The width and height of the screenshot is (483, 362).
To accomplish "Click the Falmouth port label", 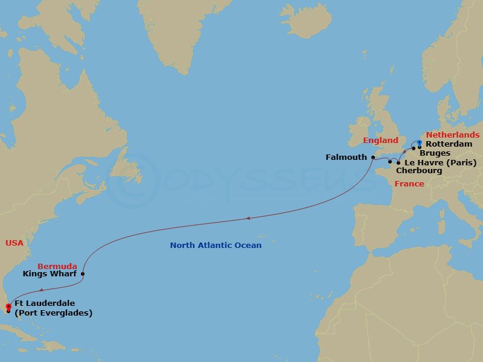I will tap(346, 157).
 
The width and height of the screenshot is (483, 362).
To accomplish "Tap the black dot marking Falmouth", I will tap(373, 157).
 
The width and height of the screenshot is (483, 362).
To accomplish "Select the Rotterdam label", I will tap(449, 144).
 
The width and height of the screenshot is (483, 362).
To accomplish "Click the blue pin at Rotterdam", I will tap(420, 143).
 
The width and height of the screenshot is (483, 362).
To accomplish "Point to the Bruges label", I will tap(435, 153).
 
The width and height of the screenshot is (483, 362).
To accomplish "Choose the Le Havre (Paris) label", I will tap(441, 163).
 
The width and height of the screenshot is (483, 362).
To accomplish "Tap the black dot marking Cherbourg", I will tap(390, 161).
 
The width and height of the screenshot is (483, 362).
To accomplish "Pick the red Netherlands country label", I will tap(453, 135).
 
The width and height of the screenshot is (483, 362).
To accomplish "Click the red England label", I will tap(380, 141).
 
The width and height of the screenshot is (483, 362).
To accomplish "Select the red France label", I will tap(409, 183).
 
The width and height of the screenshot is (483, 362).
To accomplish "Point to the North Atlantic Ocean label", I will tap(216, 246).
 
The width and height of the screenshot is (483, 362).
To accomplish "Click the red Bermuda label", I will tap(57, 266).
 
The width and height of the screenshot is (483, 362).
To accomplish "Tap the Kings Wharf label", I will tap(50, 274).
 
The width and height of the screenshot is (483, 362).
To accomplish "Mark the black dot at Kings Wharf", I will tap(82, 274).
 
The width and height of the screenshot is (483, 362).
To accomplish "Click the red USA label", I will tap(14, 243).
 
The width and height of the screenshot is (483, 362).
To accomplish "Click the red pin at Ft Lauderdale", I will tap(8, 307).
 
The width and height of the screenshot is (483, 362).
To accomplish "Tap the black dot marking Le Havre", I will tap(398, 163).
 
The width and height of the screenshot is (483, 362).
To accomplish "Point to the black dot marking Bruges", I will tap(414, 148).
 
